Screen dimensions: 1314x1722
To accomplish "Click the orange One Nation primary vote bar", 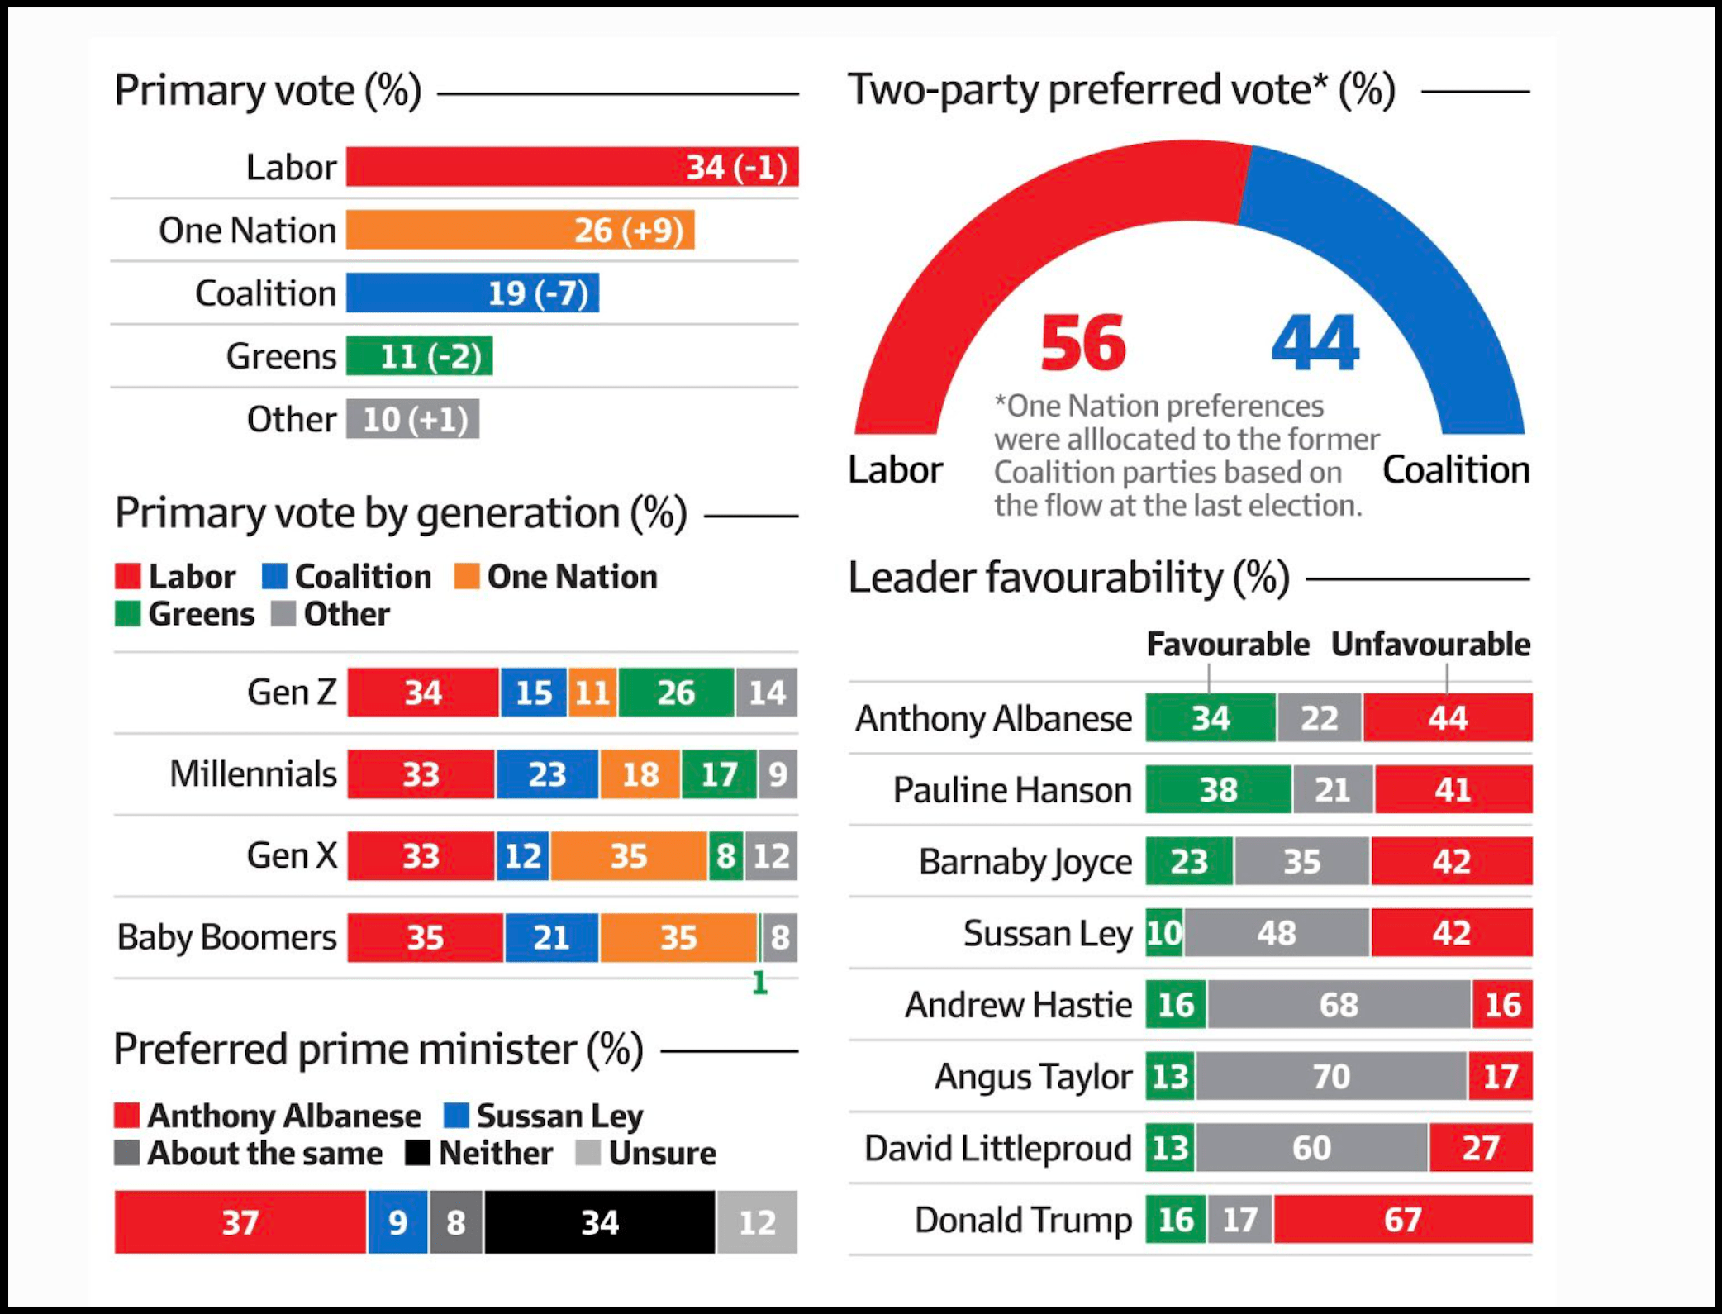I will tap(520, 230).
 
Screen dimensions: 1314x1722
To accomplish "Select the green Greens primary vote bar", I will tap(419, 356).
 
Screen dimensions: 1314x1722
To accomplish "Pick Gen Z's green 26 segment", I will tap(676, 693).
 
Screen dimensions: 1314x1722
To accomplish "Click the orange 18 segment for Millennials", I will tap(640, 774).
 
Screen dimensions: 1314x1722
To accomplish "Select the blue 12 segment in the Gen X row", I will tap(523, 856).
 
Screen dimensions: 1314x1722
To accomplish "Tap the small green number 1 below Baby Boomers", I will tap(759, 983).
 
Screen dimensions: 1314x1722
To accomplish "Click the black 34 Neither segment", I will tap(600, 1222).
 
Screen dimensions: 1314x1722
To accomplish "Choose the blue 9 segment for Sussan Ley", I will tap(397, 1222).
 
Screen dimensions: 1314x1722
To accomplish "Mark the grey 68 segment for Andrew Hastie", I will tap(1339, 1005).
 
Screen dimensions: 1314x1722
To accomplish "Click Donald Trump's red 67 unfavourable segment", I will tap(1402, 1220).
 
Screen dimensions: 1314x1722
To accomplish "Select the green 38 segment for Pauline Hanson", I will tap(1218, 790).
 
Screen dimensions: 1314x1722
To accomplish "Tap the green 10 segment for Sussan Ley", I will tap(1164, 933).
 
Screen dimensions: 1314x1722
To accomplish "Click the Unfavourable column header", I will tap(1430, 644).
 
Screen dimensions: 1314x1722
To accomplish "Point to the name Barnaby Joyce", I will tap(1025, 862).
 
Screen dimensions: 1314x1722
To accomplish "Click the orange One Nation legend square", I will tap(467, 576).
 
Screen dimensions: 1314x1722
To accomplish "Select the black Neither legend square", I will tap(418, 1153).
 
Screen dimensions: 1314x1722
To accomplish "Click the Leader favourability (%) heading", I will tap(1068, 577).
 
